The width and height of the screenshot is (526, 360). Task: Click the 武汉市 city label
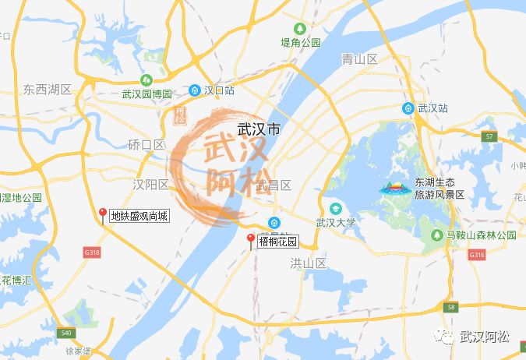pyautogui.click(x=257, y=130)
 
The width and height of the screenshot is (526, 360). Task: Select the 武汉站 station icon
pyautogui.click(x=408, y=108)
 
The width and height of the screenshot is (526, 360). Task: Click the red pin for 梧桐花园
pyautogui.click(x=250, y=240)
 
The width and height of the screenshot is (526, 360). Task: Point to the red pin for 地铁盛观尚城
pyautogui.click(x=102, y=214)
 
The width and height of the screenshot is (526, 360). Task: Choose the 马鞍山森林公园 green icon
pyautogui.click(x=436, y=235)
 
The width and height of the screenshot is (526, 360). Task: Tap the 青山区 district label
pyautogui.click(x=359, y=59)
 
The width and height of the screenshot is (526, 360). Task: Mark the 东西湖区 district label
pyautogui.click(x=47, y=90)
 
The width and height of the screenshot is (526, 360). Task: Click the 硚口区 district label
pyautogui.click(x=146, y=144)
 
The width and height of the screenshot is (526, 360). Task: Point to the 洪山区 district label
pyautogui.click(x=306, y=263)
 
